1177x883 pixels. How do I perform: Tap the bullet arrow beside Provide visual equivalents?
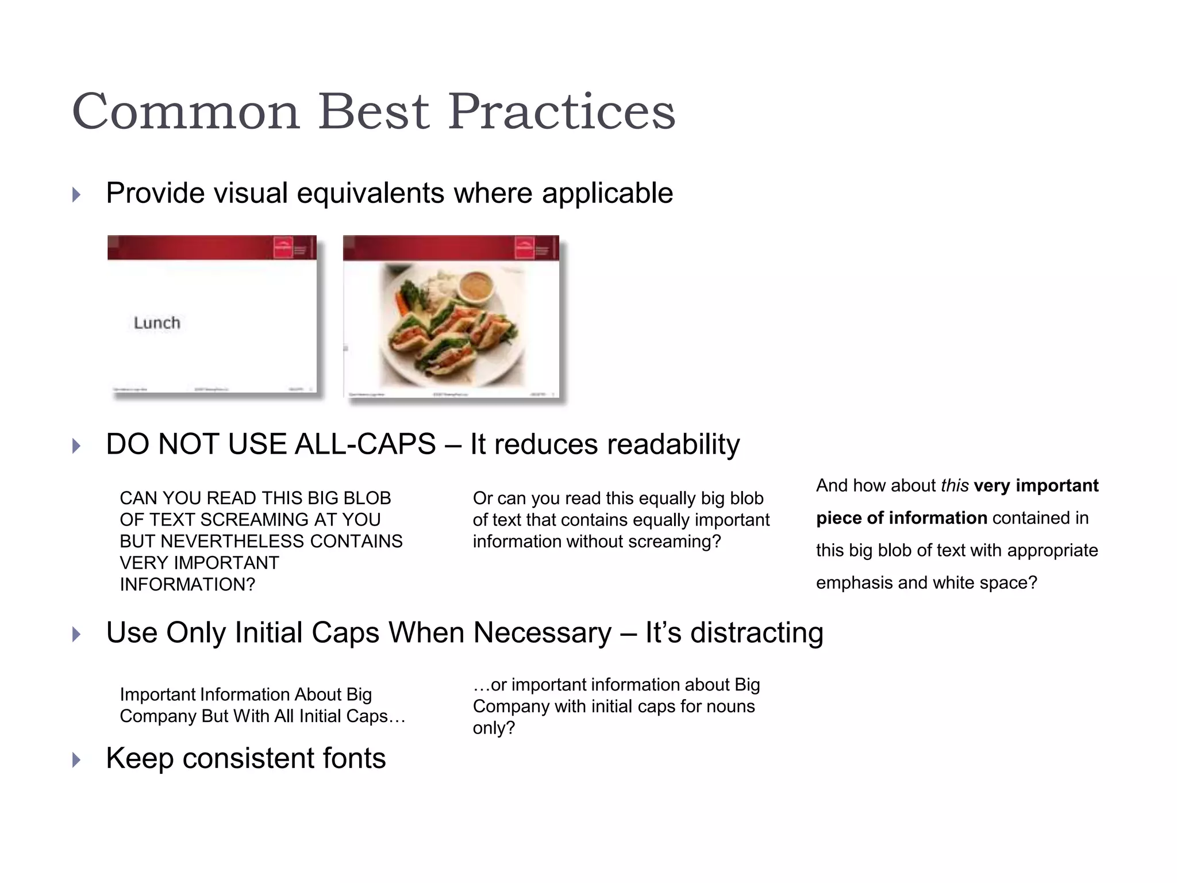coord(76,195)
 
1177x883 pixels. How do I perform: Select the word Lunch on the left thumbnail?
coord(157,323)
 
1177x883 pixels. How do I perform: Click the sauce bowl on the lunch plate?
coord(476,286)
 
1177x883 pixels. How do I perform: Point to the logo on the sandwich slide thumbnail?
coord(525,248)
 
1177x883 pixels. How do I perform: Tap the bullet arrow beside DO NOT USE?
coord(76,446)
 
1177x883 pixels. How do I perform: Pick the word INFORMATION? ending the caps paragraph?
coord(187,585)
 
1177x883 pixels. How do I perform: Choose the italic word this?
coord(955,486)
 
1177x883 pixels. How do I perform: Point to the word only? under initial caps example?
coord(494,728)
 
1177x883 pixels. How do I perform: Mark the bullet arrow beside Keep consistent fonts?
coord(76,760)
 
